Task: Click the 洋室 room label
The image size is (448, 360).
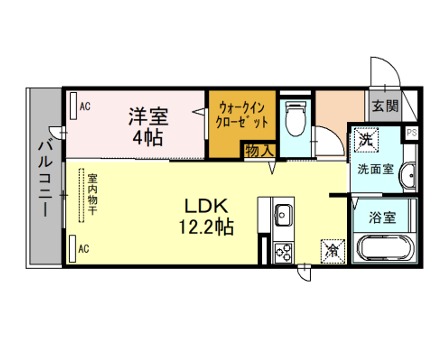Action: click(148, 116)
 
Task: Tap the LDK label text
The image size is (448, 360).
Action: click(207, 206)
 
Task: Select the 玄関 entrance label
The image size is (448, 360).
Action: click(385, 106)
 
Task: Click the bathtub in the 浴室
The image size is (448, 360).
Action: click(385, 248)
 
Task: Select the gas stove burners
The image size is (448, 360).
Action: click(283, 253)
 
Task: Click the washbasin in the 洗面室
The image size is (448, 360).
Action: click(408, 175)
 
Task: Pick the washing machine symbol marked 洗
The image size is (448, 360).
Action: click(366, 140)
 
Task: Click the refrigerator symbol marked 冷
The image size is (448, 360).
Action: click(332, 251)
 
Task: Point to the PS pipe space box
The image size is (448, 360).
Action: click(411, 133)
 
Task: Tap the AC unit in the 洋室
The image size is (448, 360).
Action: click(74, 105)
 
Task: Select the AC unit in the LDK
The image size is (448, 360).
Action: click(73, 249)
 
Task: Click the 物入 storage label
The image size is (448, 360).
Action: click(260, 151)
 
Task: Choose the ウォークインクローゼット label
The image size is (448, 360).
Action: click(242, 115)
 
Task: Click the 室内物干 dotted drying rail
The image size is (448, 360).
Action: click(81, 195)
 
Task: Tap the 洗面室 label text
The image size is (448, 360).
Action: click(376, 169)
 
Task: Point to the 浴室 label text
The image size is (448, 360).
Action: click(382, 218)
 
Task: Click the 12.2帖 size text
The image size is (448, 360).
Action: click(206, 227)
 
